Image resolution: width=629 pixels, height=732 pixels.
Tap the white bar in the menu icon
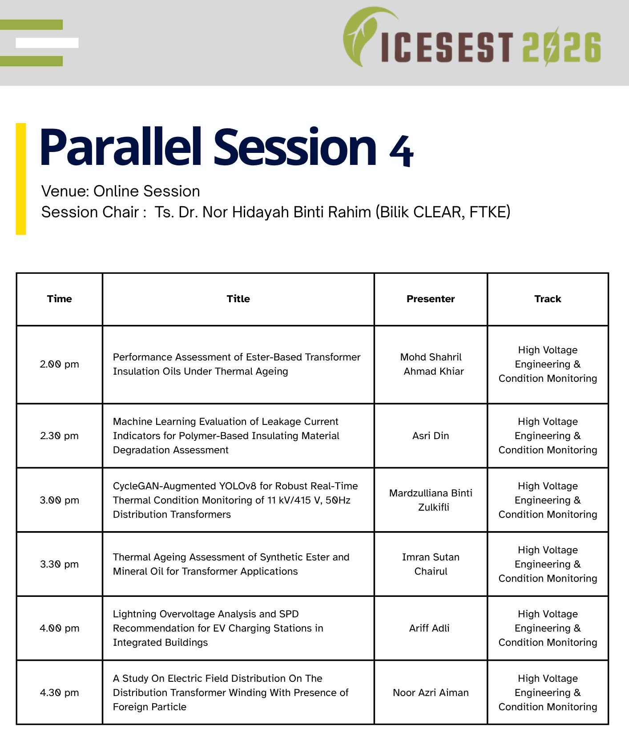(x=47, y=43)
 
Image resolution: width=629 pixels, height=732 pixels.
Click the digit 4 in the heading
(x=401, y=151)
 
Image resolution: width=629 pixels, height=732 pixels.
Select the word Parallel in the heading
(x=121, y=146)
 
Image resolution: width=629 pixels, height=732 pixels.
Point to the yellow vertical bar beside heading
(x=21, y=179)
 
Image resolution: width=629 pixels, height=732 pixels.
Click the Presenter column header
(x=431, y=299)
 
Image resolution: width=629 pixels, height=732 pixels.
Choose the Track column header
(x=548, y=299)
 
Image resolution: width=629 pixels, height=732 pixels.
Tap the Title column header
(x=238, y=299)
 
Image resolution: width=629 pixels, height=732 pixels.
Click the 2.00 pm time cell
(x=60, y=364)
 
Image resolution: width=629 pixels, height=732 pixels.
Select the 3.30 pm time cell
(x=60, y=564)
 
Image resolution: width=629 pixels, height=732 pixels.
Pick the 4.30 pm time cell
(x=60, y=692)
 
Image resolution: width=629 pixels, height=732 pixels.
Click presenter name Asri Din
(x=431, y=436)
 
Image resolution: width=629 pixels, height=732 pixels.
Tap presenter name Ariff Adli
(x=429, y=628)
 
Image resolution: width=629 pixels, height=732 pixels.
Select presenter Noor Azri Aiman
(x=431, y=692)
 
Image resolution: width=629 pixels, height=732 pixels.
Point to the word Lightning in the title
(x=135, y=614)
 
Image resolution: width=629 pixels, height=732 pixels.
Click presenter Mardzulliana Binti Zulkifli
(x=431, y=500)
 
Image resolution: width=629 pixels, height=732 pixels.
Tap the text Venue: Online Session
(x=121, y=191)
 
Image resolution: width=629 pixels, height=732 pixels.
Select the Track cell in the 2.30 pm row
(x=548, y=436)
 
